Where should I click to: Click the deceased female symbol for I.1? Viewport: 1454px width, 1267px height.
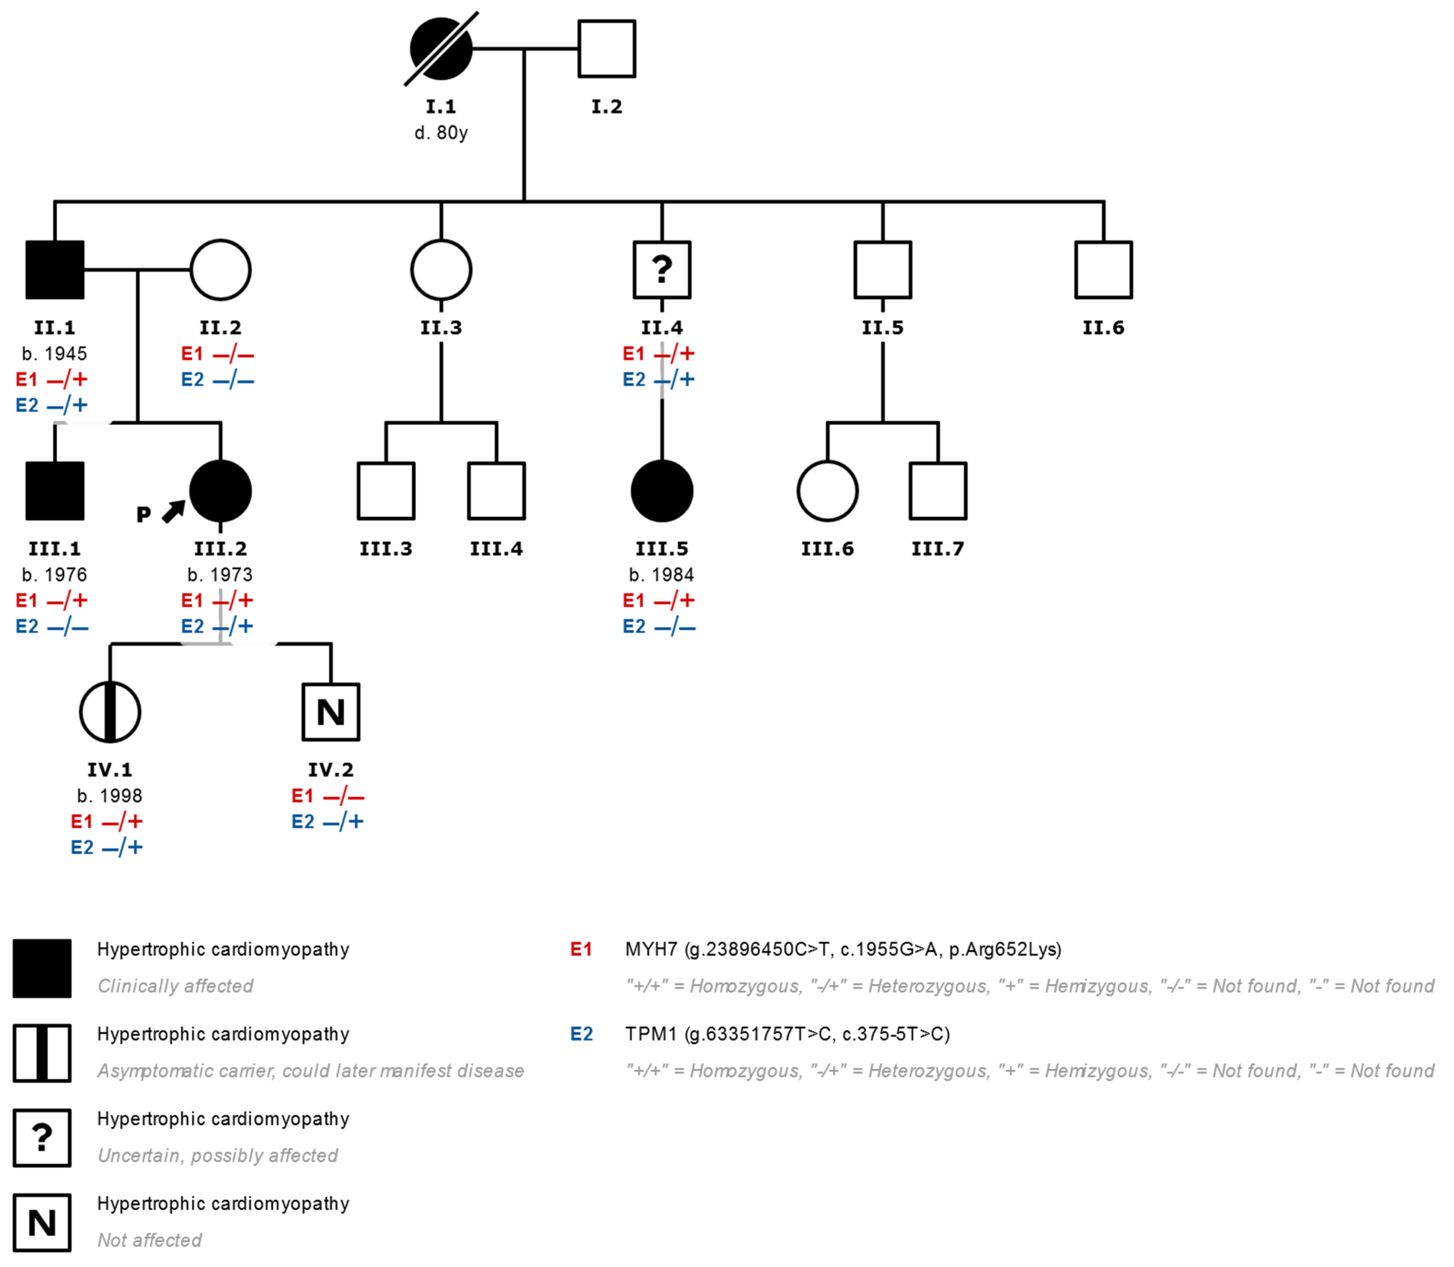tap(441, 49)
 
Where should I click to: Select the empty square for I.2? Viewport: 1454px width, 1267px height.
tap(606, 49)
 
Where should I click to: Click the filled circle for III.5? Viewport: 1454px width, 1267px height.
tap(662, 491)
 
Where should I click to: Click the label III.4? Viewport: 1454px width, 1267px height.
tap(496, 549)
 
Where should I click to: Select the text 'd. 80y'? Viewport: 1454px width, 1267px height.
tap(441, 133)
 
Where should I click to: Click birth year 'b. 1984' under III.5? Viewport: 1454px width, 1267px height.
tap(662, 575)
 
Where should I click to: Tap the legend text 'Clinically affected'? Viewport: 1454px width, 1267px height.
tap(175, 985)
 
